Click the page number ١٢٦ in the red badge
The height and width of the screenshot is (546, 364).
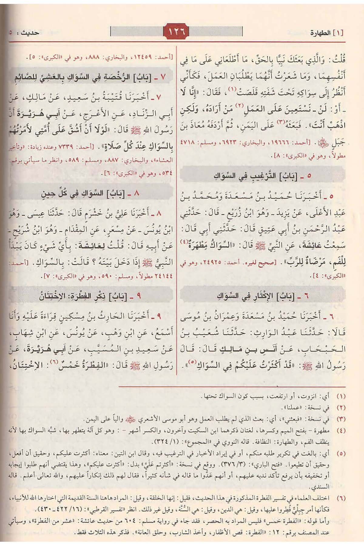click(x=177, y=31)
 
